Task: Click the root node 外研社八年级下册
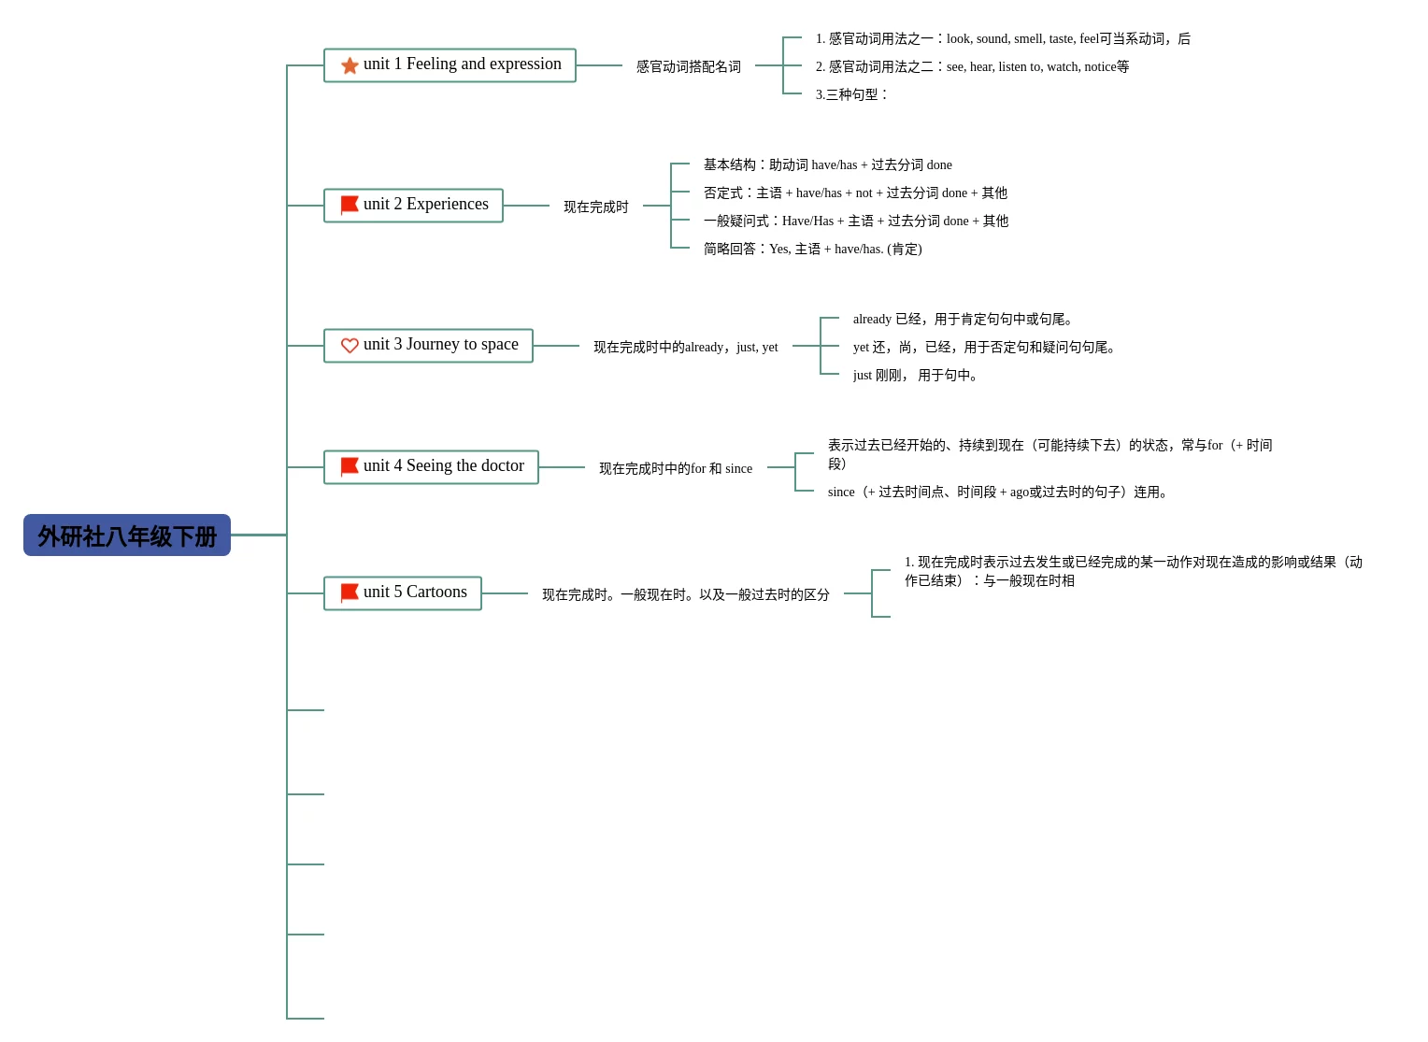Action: click(x=127, y=535)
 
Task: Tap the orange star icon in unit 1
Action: click(x=350, y=65)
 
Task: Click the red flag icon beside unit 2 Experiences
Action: click(x=350, y=205)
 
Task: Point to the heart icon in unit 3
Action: click(x=350, y=346)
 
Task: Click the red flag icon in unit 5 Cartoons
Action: click(x=350, y=592)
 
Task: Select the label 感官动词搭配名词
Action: click(x=689, y=66)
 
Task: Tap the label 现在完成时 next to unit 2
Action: click(x=596, y=207)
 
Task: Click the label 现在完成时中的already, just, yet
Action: click(x=685, y=347)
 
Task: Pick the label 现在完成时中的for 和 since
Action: click(x=676, y=468)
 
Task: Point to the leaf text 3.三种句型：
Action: click(x=851, y=94)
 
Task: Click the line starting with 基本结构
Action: click(x=827, y=164)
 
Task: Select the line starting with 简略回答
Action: click(x=812, y=249)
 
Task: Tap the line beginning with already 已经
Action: click(x=964, y=319)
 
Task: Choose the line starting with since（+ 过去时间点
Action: click(x=999, y=492)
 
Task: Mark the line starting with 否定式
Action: click(x=855, y=193)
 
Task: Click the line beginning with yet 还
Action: click(x=985, y=347)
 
